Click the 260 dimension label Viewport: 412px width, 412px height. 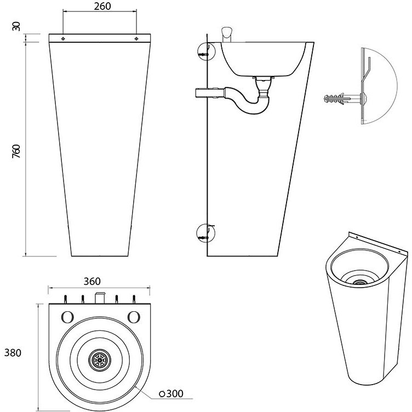99,7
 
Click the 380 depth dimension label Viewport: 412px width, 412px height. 12,353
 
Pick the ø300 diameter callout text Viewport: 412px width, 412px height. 171,393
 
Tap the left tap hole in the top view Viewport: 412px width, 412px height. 67,317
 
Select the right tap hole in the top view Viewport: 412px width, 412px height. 133,317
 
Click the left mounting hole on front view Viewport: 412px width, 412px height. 64,39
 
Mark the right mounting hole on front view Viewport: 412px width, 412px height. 136,39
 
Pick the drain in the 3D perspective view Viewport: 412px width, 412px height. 359,282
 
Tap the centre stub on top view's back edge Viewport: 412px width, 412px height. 100,298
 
